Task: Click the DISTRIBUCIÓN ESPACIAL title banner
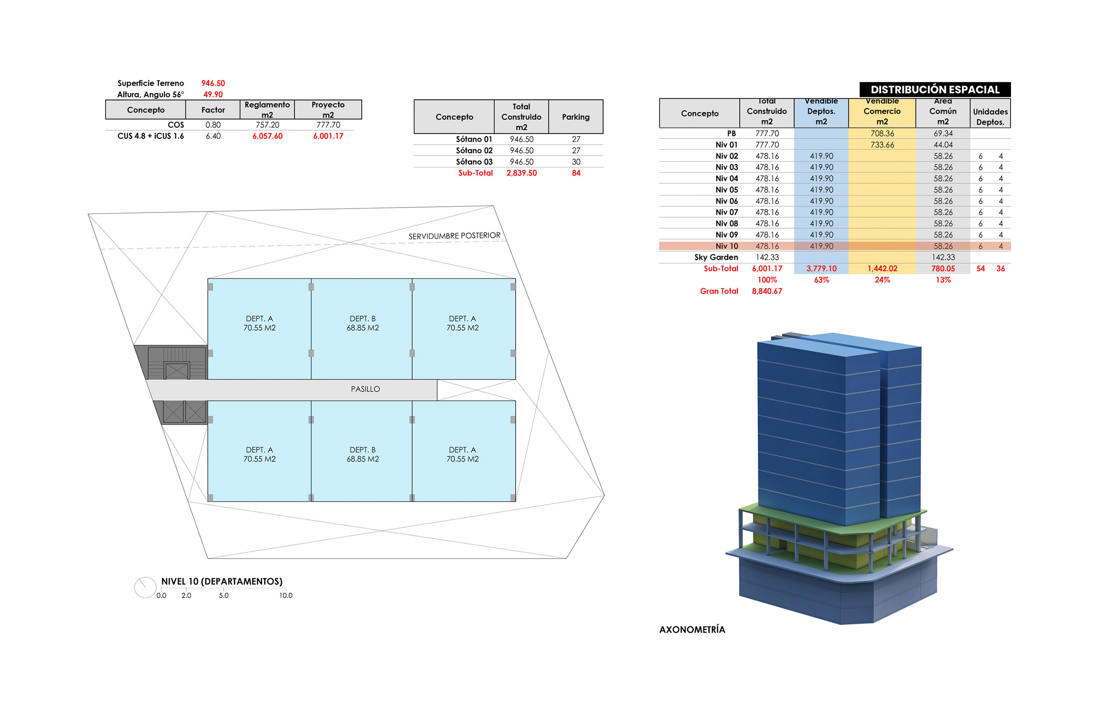(935, 90)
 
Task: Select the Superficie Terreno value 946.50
(213, 83)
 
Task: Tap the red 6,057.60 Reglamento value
(267, 136)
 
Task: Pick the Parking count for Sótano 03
(576, 162)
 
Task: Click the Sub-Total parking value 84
(576, 173)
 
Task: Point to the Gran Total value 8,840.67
(767, 291)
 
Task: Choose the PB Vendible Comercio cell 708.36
(882, 133)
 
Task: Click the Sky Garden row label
(716, 257)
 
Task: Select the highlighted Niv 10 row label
(726, 246)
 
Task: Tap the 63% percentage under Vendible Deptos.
(821, 280)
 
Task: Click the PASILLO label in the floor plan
(365, 389)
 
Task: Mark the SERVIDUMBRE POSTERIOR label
(455, 236)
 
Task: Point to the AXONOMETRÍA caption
(692, 630)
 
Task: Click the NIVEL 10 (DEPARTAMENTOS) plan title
(222, 581)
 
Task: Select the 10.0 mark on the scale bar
(286, 595)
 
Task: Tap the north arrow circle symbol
(145, 587)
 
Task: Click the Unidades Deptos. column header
(990, 117)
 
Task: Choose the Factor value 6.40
(213, 136)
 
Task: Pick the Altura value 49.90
(213, 95)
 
